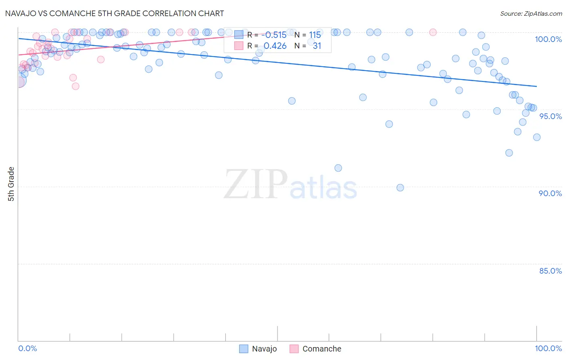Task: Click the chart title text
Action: (115, 13)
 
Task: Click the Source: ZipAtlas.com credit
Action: (531, 14)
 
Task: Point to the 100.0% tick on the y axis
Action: (548, 39)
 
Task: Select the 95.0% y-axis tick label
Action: (550, 116)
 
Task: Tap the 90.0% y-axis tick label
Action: (550, 193)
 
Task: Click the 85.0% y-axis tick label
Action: (550, 271)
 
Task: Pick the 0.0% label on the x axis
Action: (27, 348)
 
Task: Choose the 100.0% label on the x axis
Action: (548, 348)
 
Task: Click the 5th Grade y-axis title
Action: (11, 184)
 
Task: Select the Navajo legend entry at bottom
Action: (258, 349)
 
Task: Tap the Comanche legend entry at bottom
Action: (315, 349)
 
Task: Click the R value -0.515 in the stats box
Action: (275, 35)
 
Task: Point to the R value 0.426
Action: (275, 46)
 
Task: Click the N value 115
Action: (315, 35)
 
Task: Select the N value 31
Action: (317, 46)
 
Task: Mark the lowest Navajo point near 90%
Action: (400, 188)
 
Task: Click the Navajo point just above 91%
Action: (338, 168)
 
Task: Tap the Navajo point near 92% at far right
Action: (509, 153)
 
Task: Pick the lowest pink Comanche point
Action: (75, 86)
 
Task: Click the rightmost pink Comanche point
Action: (433, 32)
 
